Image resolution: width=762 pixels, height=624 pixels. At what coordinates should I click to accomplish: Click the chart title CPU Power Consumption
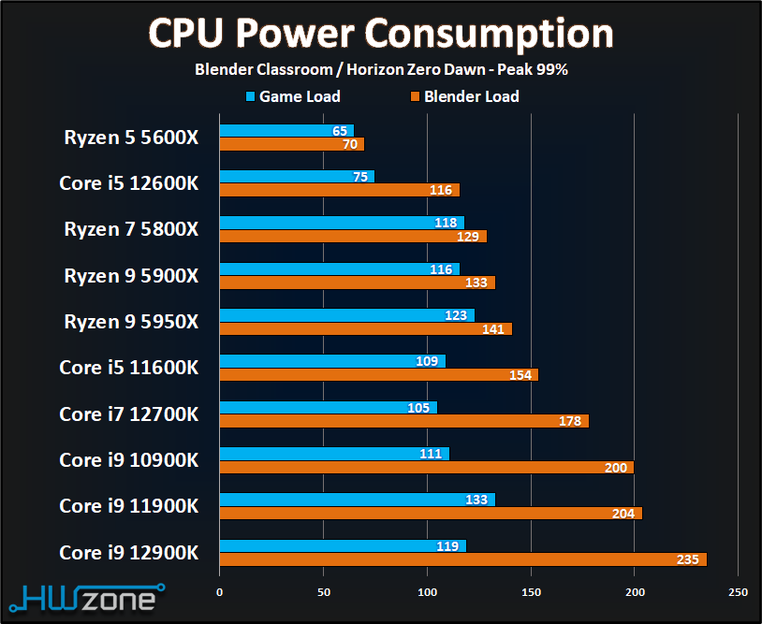[x=381, y=34]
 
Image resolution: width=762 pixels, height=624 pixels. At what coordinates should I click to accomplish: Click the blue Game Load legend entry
[x=292, y=96]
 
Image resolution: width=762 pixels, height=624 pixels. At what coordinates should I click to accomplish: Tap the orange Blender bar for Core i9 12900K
[x=462, y=559]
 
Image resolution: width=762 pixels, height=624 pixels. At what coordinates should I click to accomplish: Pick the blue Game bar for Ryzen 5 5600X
[x=286, y=131]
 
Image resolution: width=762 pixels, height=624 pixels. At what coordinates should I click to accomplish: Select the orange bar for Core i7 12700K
[x=403, y=421]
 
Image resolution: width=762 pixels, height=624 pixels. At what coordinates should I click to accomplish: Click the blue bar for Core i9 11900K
[x=357, y=500]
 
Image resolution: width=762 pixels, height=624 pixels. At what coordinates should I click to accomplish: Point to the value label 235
[x=688, y=559]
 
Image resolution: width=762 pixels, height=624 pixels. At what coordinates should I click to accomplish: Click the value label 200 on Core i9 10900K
[x=616, y=468]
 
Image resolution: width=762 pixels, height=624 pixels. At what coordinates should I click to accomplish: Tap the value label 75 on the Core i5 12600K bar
[x=360, y=177]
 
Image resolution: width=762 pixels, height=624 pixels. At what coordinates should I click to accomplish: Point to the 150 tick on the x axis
[x=531, y=592]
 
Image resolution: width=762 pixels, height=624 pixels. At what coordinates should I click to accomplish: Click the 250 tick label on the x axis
[x=738, y=592]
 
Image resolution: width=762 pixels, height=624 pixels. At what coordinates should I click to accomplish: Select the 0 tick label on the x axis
[x=220, y=592]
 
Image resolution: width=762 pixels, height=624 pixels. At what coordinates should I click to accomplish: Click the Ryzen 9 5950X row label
[x=131, y=321]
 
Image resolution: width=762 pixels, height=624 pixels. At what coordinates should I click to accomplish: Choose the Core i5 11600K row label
[x=128, y=367]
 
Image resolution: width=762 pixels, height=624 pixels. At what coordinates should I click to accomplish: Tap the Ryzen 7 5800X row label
[x=131, y=228]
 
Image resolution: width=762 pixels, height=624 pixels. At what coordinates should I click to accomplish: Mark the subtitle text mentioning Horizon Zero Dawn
[x=381, y=69]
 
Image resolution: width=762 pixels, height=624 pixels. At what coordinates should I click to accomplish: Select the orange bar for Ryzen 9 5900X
[x=357, y=283]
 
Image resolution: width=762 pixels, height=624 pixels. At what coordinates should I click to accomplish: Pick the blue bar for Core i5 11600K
[x=332, y=361]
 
